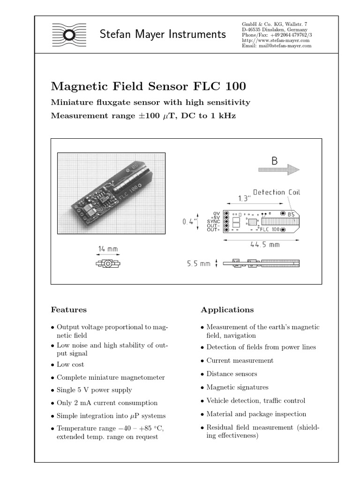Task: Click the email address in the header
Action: (276, 46)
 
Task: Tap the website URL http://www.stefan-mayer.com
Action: (276, 40)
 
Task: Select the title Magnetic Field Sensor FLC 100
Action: (148, 87)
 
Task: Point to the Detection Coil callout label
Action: (277, 192)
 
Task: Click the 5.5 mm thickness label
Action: (199, 264)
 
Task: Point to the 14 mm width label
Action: (108, 249)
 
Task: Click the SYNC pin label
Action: (214, 221)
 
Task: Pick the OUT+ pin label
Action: (214, 230)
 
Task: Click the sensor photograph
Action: (111, 193)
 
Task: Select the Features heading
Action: (68, 310)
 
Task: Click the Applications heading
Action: (227, 310)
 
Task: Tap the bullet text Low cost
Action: (70, 364)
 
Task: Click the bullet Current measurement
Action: (240, 360)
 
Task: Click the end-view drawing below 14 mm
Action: (108, 264)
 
